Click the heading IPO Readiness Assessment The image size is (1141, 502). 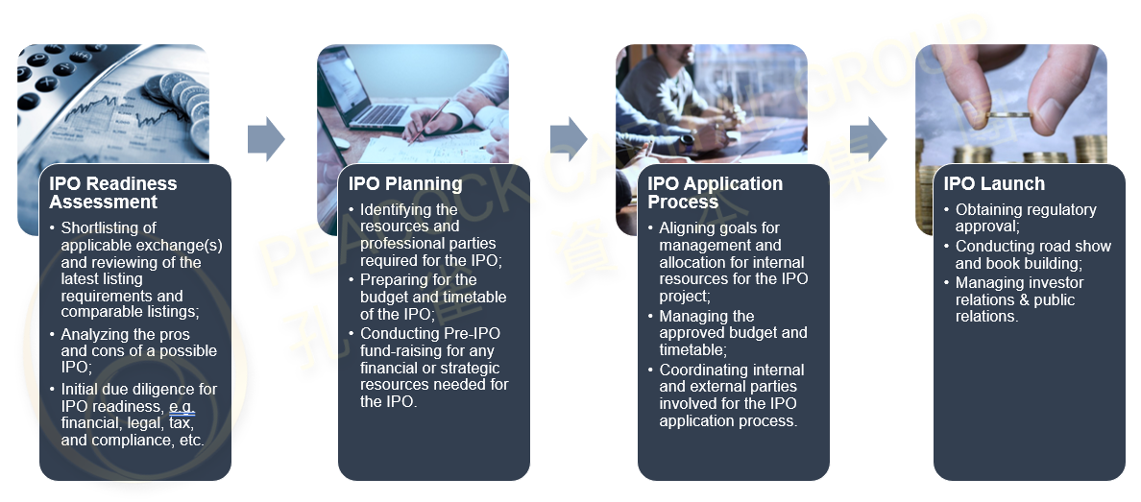tap(112, 193)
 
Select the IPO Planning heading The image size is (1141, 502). tap(405, 184)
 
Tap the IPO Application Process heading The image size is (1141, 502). tap(716, 193)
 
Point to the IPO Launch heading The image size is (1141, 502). tap(994, 184)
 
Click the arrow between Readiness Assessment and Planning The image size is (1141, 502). tap(266, 139)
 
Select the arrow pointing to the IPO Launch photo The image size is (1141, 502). tap(869, 139)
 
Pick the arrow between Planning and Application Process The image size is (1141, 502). tap(569, 139)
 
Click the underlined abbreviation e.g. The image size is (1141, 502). tap(182, 407)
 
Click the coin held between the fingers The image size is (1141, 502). tap(1008, 115)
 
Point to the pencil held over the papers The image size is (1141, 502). tap(429, 121)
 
